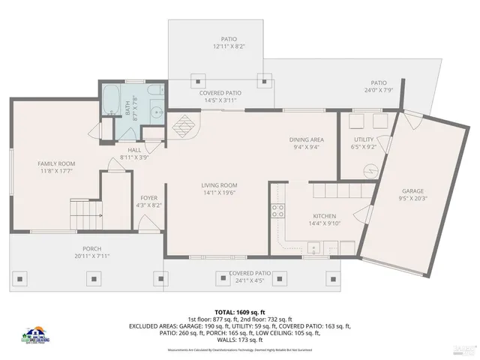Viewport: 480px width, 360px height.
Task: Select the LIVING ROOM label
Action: pyautogui.click(x=219, y=185)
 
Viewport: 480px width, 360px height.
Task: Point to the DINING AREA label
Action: pyautogui.click(x=307, y=139)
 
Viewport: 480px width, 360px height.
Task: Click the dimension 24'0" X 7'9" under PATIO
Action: pyautogui.click(x=379, y=91)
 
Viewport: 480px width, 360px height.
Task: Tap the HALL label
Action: pyautogui.click(x=134, y=150)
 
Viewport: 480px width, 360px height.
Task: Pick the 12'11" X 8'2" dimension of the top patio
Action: pyautogui.click(x=229, y=46)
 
